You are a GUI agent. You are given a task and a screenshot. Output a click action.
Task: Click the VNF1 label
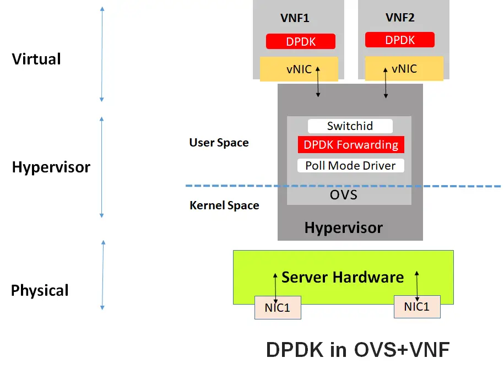click(x=295, y=18)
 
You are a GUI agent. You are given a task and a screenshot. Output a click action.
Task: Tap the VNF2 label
click(x=400, y=17)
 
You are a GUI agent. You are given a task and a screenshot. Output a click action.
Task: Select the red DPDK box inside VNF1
click(x=300, y=41)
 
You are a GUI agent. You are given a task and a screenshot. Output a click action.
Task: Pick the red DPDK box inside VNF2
click(x=400, y=40)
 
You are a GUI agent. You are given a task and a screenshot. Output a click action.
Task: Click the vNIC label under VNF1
click(x=299, y=69)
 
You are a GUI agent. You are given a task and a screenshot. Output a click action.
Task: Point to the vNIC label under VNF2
click(x=404, y=69)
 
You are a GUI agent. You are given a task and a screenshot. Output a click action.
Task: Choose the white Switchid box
click(x=350, y=126)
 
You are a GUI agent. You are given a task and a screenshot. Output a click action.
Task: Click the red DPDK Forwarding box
click(x=351, y=145)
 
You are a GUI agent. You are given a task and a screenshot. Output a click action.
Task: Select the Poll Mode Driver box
click(x=351, y=165)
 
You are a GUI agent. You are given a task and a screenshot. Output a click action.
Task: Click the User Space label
click(x=219, y=143)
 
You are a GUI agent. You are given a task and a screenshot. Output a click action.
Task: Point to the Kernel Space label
click(x=224, y=205)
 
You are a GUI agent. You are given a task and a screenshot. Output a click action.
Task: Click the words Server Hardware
click(x=343, y=277)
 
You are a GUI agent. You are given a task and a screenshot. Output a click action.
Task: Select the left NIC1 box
click(x=278, y=307)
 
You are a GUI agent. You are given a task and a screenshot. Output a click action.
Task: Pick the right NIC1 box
click(x=417, y=307)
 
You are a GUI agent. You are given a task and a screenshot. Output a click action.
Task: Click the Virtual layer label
click(x=36, y=59)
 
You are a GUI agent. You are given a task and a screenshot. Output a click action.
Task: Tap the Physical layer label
click(x=40, y=290)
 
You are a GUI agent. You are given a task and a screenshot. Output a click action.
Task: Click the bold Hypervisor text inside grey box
click(x=343, y=227)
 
